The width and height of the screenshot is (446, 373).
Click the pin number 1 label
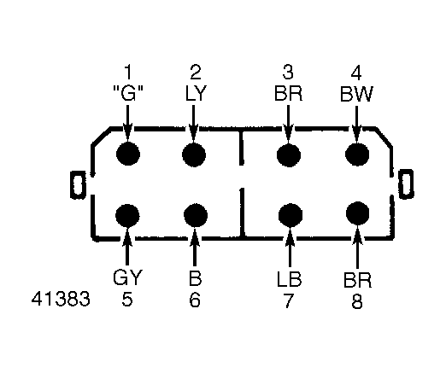128,73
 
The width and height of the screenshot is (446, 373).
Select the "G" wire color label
128,93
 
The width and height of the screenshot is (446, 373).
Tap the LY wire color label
196,93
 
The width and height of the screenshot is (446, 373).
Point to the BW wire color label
356,94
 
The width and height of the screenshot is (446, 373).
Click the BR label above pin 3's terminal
288,93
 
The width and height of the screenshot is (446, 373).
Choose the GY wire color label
127,277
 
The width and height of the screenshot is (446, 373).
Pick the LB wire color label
289,279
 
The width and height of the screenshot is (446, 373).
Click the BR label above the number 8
357,281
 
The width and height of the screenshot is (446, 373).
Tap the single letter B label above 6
195,278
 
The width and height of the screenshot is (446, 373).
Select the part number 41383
61,299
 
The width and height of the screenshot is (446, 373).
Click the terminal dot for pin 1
128,154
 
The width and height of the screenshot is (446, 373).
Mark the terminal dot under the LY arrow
194,155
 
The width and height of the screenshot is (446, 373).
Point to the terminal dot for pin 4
357,154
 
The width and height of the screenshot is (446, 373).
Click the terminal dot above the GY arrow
127,215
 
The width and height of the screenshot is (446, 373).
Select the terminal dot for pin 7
290,215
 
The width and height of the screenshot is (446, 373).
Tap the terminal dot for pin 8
358,213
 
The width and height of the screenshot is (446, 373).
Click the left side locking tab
78,184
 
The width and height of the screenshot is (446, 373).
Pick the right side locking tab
406,184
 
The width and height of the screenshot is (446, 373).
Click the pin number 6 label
195,300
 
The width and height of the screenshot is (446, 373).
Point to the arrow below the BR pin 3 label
288,125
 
